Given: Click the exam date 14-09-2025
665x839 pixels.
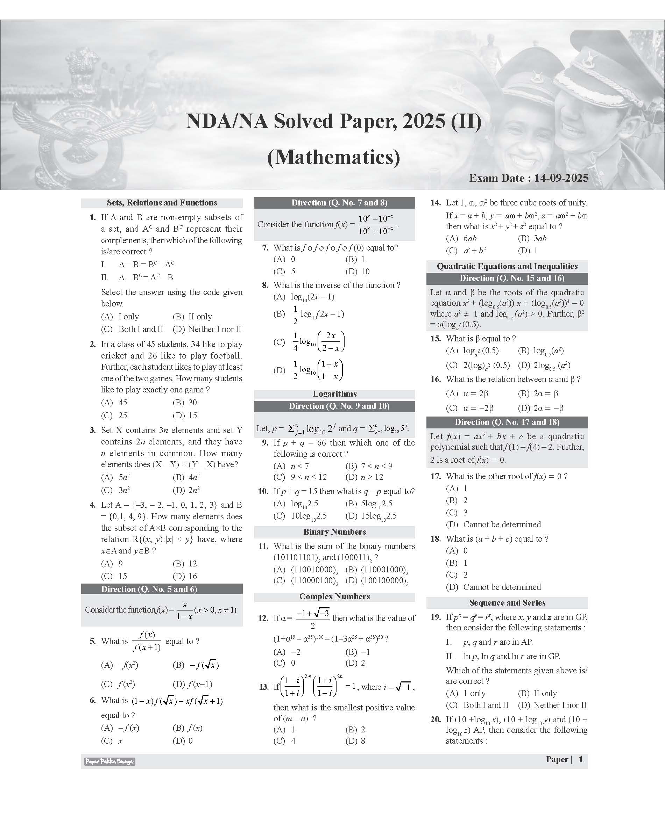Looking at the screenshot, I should (x=561, y=178).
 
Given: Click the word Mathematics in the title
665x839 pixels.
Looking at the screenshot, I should (x=334, y=157).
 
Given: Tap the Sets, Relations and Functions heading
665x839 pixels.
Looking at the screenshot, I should (x=162, y=203).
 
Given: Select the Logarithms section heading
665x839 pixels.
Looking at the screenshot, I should (x=334, y=393).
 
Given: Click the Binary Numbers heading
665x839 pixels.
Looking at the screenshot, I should (x=334, y=532).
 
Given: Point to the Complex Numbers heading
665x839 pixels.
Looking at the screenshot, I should (x=334, y=596).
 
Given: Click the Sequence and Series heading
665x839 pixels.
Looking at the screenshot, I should (x=507, y=602).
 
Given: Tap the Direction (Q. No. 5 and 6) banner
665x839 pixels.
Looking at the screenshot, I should (x=149, y=589).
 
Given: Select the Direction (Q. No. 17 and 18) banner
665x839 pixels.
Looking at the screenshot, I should (x=507, y=422).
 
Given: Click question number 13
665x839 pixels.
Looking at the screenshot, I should (x=263, y=687).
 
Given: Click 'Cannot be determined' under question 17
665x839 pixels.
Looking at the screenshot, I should (x=502, y=524).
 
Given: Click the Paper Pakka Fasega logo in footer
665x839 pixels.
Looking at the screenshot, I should (x=110, y=761).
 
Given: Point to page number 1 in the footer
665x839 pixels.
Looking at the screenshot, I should (x=580, y=759).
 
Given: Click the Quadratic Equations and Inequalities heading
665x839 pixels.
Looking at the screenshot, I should (x=507, y=266).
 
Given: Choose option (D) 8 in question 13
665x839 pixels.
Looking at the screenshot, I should (x=355, y=740).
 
